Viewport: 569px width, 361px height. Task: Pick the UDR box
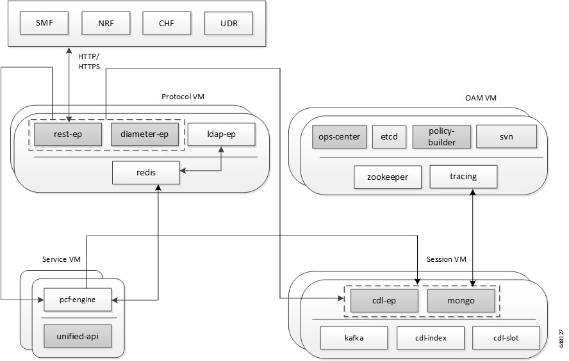click(x=228, y=23)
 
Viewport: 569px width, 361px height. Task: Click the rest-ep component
click(x=68, y=134)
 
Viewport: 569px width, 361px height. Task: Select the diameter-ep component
click(x=144, y=134)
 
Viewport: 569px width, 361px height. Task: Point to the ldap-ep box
click(x=221, y=134)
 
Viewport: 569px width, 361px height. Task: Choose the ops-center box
click(x=339, y=136)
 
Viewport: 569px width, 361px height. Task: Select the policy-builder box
click(x=441, y=136)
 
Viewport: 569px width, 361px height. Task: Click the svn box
click(x=508, y=136)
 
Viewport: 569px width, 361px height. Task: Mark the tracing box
click(x=463, y=176)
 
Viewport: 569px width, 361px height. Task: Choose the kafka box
click(x=354, y=337)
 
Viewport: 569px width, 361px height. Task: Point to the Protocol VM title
click(x=187, y=97)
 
